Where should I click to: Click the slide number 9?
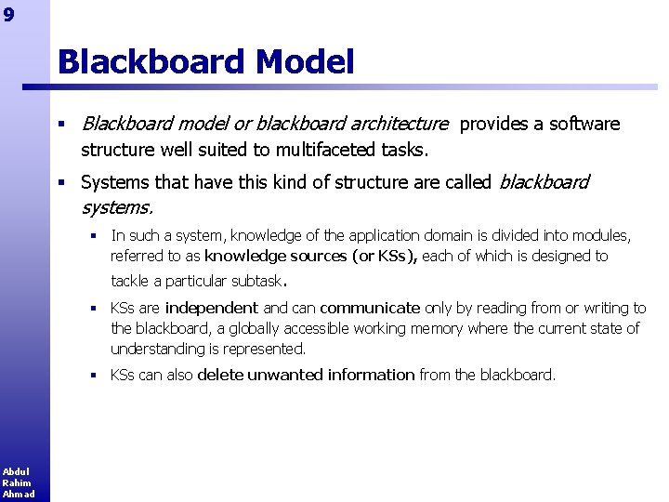(x=7, y=14)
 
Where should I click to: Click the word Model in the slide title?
(x=304, y=62)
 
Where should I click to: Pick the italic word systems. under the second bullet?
(x=116, y=205)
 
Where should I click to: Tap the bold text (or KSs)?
(x=385, y=257)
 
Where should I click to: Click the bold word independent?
(x=211, y=308)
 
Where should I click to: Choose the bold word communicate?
(x=370, y=308)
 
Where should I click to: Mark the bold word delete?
(x=218, y=375)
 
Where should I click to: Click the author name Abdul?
(x=16, y=471)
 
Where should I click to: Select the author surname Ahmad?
(x=19, y=494)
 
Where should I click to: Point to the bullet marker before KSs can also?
(x=94, y=376)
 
